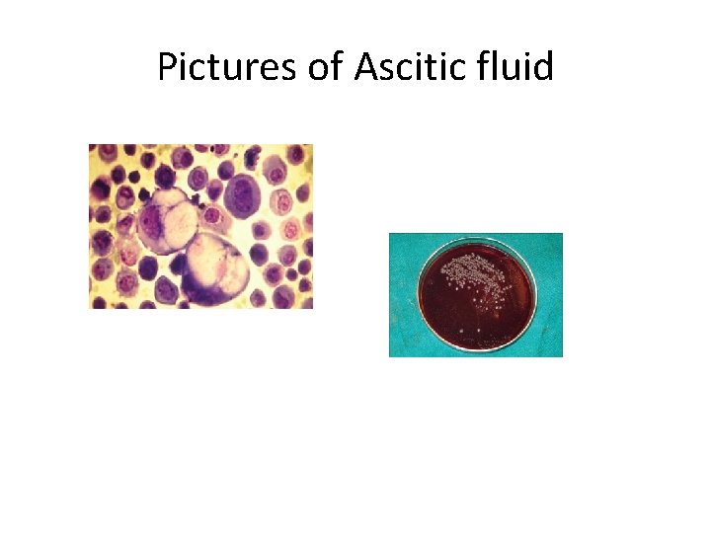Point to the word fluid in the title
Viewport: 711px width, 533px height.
click(517, 67)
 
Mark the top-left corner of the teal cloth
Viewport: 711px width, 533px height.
click(391, 235)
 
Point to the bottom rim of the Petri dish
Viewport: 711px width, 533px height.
click(477, 348)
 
